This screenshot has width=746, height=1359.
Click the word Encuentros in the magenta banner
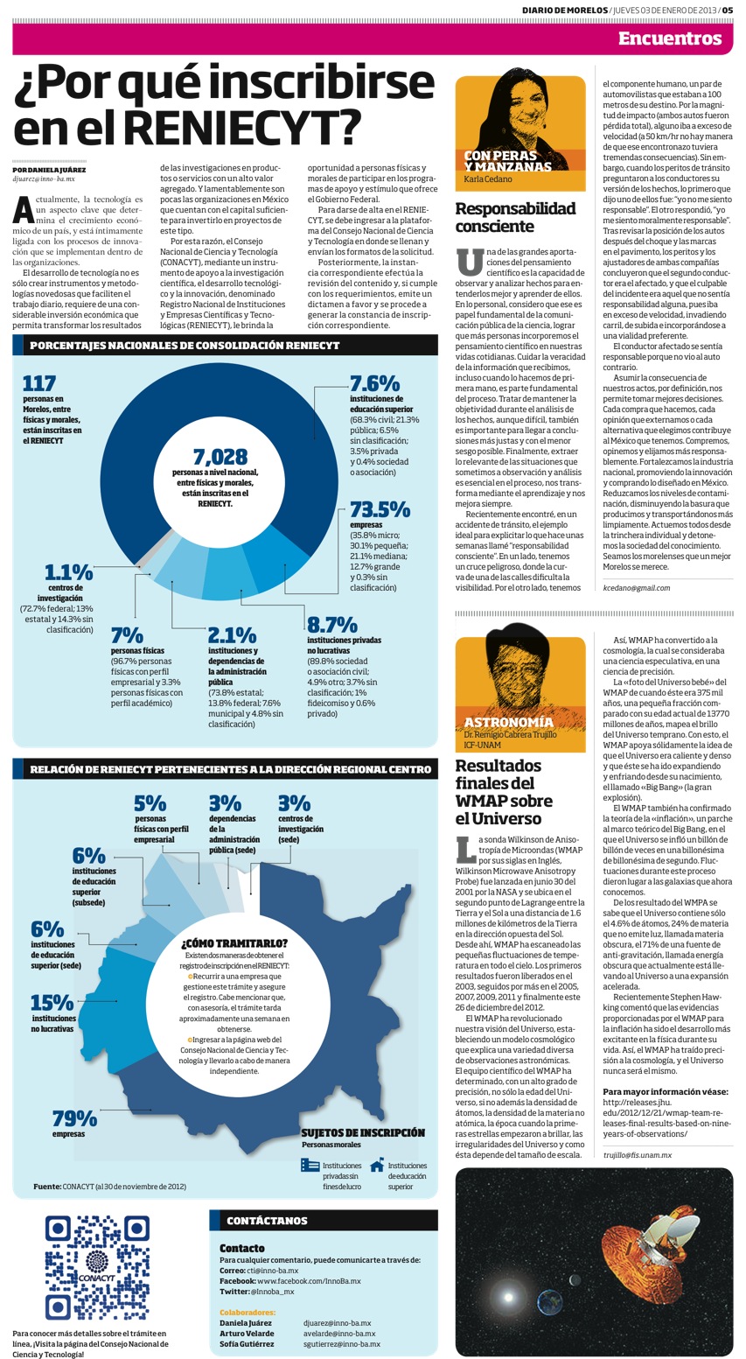click(670, 39)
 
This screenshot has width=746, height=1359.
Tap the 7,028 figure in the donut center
click(220, 456)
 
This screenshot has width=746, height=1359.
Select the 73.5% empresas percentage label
click(380, 509)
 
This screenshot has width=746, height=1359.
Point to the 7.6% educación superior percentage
click(374, 383)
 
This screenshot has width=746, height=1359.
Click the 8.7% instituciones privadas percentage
click(331, 624)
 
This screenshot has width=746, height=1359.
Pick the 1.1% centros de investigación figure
click(68, 572)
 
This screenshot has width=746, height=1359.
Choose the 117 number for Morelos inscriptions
click(38, 383)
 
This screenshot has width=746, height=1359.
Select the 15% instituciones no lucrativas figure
click(52, 1002)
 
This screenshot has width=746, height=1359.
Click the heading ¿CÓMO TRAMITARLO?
click(234, 942)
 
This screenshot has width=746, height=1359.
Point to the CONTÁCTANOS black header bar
click(324, 1220)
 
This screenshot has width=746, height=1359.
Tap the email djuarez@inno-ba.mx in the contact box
click(338, 1322)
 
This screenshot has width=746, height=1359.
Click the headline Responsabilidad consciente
click(515, 217)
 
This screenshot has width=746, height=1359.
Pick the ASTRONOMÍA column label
click(509, 722)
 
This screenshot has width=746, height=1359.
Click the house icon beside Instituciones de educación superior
click(377, 1164)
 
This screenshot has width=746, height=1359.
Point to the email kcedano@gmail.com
click(636, 587)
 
